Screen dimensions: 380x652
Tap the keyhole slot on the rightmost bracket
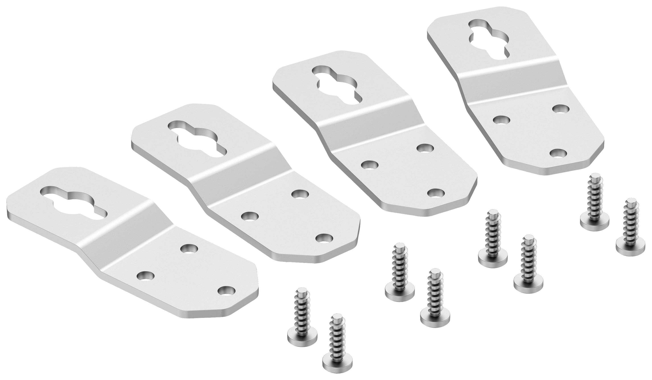[489, 41]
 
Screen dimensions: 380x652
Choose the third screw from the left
[400, 274]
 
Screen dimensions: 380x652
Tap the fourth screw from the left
[435, 295]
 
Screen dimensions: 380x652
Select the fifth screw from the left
[493, 240]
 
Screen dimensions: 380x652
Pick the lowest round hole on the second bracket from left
[324, 238]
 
